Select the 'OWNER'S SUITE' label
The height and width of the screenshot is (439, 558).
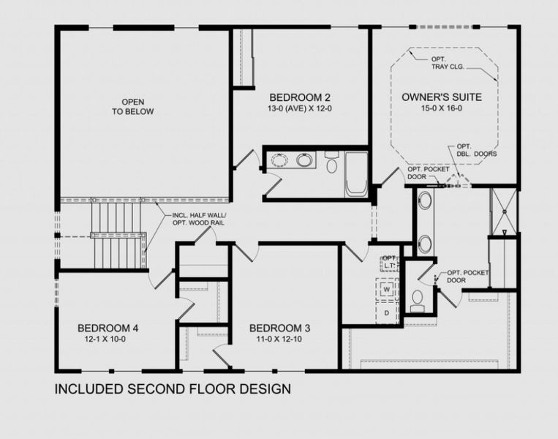point(441,97)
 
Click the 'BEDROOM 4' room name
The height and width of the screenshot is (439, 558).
point(108,328)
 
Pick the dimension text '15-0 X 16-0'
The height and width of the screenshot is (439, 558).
point(441,108)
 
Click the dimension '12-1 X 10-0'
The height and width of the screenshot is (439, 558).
point(108,339)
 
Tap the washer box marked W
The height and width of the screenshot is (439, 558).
point(386,290)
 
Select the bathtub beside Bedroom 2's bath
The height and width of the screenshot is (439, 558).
point(356,174)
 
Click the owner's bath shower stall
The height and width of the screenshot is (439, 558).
point(503,212)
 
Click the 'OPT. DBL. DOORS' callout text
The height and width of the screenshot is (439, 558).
point(475,150)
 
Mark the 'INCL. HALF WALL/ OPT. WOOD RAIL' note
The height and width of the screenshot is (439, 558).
point(193,219)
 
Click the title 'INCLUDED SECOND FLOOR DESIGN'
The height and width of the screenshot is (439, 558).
point(173,389)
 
